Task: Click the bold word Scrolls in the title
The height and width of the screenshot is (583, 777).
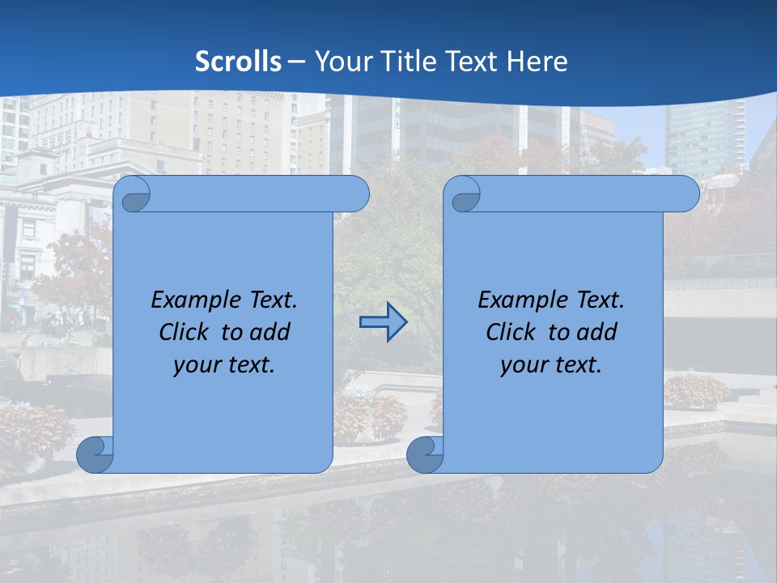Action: click(239, 62)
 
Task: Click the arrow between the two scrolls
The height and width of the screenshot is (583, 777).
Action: click(383, 321)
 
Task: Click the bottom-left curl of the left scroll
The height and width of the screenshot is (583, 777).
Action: click(96, 455)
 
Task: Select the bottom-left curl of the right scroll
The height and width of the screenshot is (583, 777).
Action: click(425, 455)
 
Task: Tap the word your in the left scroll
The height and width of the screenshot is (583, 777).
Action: click(195, 365)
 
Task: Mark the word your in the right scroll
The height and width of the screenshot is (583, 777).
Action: click(522, 365)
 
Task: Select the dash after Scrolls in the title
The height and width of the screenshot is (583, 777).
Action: click(297, 62)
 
